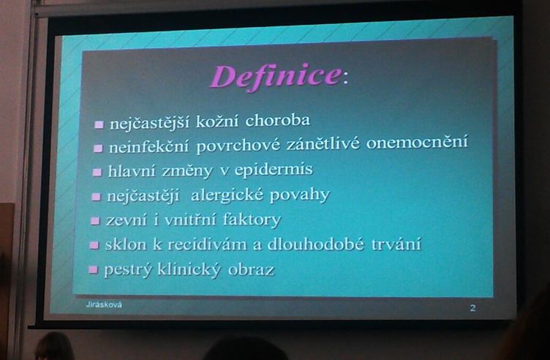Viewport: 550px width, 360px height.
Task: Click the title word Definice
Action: coord(276,77)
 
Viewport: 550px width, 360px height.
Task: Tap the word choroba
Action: coord(277,120)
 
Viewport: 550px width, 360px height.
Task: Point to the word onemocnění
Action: coord(417,141)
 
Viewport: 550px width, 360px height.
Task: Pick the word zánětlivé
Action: coord(323,143)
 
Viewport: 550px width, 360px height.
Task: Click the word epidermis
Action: coord(274,170)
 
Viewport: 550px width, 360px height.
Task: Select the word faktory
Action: coord(252,220)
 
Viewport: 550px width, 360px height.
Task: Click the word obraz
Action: coord(251,270)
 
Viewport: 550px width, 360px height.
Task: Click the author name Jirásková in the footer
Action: coord(104,304)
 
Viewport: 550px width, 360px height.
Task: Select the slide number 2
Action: coord(472,308)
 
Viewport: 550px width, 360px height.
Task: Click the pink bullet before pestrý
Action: coord(93,269)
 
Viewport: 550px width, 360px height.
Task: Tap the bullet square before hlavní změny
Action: coord(97,172)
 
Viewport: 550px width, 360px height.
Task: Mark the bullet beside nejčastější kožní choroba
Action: coord(99,124)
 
